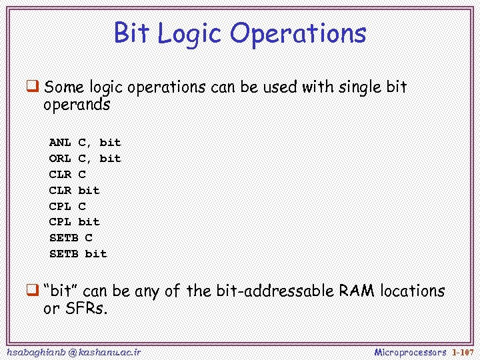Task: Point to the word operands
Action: click(x=76, y=105)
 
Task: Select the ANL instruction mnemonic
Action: click(x=60, y=142)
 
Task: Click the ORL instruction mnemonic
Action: click(x=60, y=158)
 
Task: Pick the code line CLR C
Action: click(x=67, y=174)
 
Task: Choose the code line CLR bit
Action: click(x=74, y=190)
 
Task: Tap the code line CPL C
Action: click(x=67, y=206)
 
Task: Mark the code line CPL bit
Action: click(x=74, y=221)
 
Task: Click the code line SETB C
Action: click(x=71, y=237)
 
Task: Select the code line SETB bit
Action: click(x=78, y=253)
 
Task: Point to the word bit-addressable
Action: click(x=275, y=291)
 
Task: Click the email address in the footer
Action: click(x=73, y=351)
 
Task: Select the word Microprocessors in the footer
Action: click(x=410, y=351)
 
